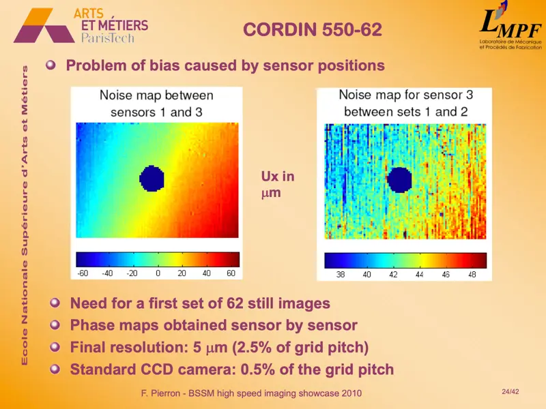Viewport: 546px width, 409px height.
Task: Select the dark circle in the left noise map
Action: pos(152,179)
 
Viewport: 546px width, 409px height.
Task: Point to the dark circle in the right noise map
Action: pos(399,180)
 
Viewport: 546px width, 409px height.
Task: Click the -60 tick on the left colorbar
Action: pos(84,273)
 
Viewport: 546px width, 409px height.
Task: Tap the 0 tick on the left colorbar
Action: pos(158,273)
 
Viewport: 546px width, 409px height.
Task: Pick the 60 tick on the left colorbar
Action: pos(231,273)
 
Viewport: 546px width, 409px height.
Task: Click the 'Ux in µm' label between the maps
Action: pos(278,185)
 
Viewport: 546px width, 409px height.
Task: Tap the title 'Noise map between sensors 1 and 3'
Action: pos(156,104)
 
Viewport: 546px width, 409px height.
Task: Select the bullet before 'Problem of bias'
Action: pos(51,66)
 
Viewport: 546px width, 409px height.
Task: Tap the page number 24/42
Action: pos(510,391)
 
